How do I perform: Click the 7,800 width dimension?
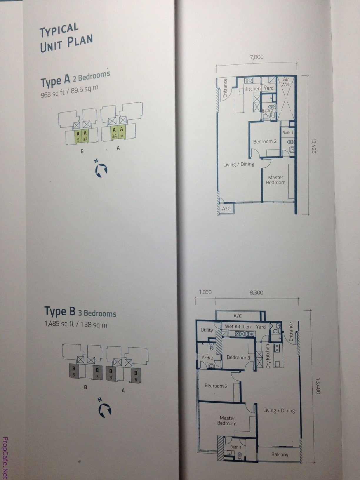point(256,57)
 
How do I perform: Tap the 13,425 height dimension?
point(314,145)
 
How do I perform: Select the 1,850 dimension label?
point(205,292)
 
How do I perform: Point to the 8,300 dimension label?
point(256,293)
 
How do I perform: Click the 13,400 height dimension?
point(318,386)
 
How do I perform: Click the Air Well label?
point(286,82)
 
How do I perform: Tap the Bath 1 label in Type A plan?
point(288,133)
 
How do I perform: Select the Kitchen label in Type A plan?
point(252,89)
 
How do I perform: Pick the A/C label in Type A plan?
point(226,209)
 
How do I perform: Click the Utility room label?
point(207,330)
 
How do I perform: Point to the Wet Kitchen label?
point(238,326)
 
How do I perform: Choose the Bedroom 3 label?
point(239,358)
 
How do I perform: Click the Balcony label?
point(280,454)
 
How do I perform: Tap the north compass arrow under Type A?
point(101,169)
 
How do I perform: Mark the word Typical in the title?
point(59,30)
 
